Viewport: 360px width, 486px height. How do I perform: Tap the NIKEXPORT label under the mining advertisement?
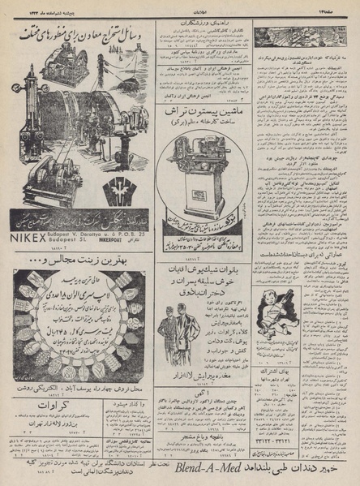[x=123, y=242]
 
